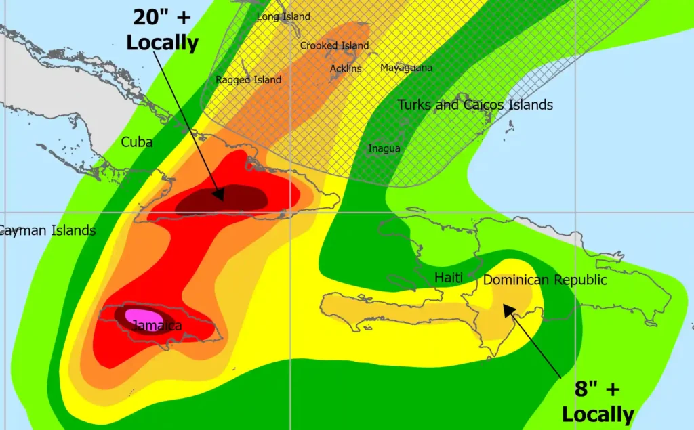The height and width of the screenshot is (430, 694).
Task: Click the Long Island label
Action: point(283,16)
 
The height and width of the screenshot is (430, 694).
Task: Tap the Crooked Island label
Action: point(334,46)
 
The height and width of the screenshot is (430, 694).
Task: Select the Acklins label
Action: point(346,68)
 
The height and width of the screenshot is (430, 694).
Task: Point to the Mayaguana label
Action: point(406,68)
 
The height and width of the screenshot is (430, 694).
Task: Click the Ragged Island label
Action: point(248,80)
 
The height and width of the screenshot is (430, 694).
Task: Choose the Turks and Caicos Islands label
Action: point(475,105)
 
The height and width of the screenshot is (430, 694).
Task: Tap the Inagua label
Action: point(384,149)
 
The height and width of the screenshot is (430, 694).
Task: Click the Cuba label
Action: point(136,142)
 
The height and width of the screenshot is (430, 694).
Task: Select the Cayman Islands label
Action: point(46,231)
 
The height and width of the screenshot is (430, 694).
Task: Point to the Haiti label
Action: point(448,278)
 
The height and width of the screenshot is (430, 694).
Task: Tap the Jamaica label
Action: point(157,326)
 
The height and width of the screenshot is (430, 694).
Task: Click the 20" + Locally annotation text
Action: point(162,31)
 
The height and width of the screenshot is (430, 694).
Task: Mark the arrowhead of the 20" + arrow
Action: point(220,196)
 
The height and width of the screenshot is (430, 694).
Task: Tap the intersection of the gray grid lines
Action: point(291,212)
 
